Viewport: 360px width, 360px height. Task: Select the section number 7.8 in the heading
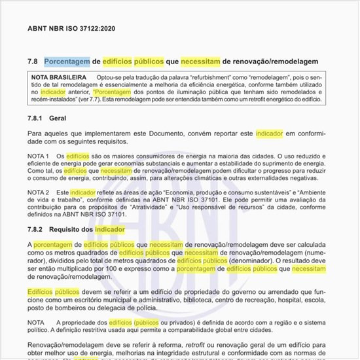(x=33, y=61)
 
